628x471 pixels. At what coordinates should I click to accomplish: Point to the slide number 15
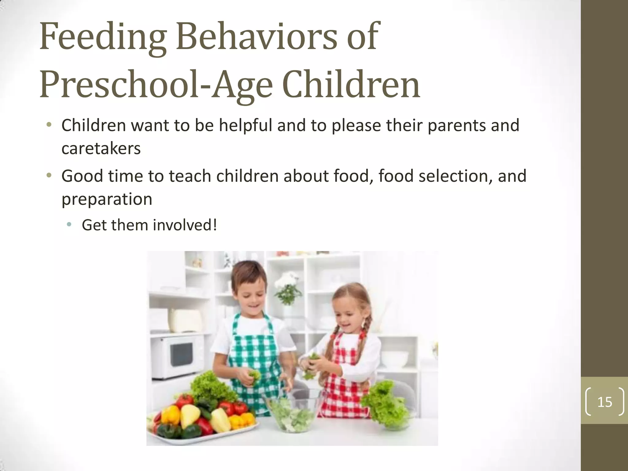tap(604, 402)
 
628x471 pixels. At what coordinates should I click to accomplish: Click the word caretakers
tap(101, 149)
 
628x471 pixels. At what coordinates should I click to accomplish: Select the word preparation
tap(107, 199)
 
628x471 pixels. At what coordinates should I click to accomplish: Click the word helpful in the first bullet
tap(245, 125)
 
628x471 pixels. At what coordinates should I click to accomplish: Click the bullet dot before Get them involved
tap(69, 225)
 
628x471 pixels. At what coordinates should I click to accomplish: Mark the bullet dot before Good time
tap(49, 176)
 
